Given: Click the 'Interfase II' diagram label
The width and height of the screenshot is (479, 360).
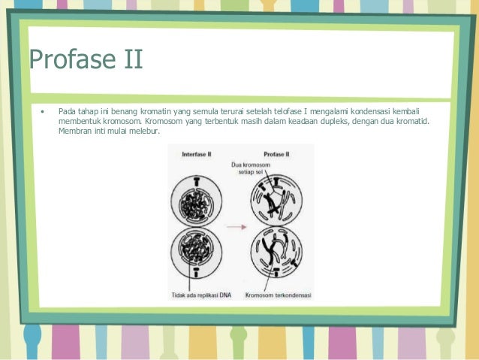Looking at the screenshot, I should [x=196, y=154].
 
